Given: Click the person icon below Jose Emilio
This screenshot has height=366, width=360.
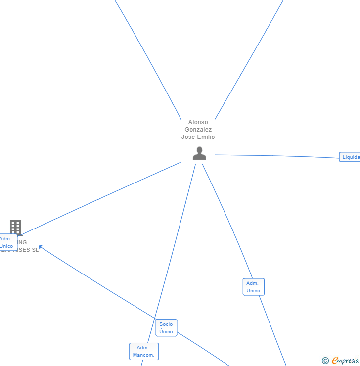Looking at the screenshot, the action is [x=199, y=153].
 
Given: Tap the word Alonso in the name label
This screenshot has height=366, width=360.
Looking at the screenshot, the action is [x=198, y=122].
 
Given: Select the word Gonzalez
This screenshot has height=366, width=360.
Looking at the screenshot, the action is [x=198, y=130].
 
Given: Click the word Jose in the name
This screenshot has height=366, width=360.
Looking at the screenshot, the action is [x=188, y=137].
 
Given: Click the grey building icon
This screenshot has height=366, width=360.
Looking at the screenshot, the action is [x=15, y=227].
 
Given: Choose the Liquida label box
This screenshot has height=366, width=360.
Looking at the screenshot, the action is [x=350, y=157].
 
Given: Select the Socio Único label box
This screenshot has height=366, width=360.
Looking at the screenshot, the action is [x=166, y=328].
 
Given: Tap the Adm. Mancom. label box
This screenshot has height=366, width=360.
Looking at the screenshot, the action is [x=144, y=351].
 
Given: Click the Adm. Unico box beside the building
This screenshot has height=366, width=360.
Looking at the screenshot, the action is [x=7, y=242].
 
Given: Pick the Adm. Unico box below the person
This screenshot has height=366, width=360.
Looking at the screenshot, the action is [x=253, y=287].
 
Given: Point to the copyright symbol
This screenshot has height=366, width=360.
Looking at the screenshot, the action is [x=325, y=361].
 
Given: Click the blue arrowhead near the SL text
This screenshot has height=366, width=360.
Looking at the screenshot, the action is [x=41, y=246].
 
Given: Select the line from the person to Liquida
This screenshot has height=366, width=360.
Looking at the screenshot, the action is [x=277, y=156].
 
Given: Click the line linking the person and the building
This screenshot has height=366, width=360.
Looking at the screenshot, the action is [x=99, y=198].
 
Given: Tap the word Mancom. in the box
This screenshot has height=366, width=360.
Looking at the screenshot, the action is [x=144, y=355].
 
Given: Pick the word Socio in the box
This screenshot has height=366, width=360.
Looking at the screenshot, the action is [x=166, y=324].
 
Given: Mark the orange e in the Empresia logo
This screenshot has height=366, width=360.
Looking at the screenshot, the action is [x=335, y=361].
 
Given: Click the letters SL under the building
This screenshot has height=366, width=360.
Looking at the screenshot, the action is [x=35, y=250].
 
